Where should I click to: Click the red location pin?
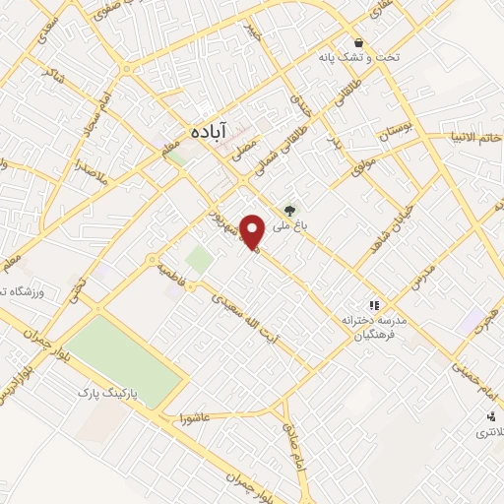click(254, 232)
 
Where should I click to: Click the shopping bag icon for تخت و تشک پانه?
click(364, 43)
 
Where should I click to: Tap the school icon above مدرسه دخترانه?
click(372, 305)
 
